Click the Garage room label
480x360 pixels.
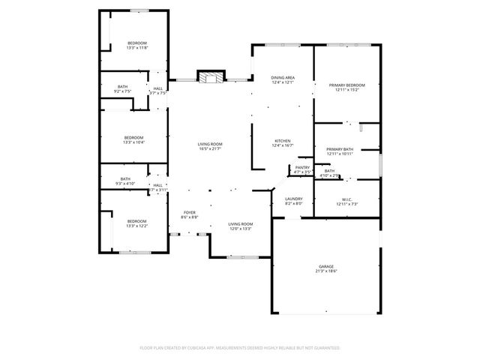[x=326, y=266]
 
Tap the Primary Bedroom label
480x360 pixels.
[x=346, y=86]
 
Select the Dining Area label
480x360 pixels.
[x=282, y=78]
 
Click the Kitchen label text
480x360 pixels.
[x=282, y=141]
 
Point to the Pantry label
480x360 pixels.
[x=302, y=168]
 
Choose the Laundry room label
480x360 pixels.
[x=293, y=199]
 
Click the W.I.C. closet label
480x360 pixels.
[x=346, y=199]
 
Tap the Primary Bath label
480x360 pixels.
[x=339, y=149]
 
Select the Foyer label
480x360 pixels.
[x=189, y=213]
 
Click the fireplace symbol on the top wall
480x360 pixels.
[x=211, y=76]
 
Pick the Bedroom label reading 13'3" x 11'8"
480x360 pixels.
[x=136, y=43]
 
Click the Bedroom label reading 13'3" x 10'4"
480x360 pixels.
[x=133, y=138]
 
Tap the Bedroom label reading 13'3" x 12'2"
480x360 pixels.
[x=136, y=221]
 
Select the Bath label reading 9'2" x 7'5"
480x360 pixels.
[x=122, y=87]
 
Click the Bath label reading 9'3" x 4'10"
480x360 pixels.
[x=124, y=179]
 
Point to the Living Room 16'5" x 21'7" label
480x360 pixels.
[x=210, y=144]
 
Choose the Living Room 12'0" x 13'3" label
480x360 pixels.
[x=240, y=224]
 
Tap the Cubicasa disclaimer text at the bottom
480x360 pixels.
[x=240, y=348]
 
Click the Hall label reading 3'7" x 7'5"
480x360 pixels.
[x=158, y=89]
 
